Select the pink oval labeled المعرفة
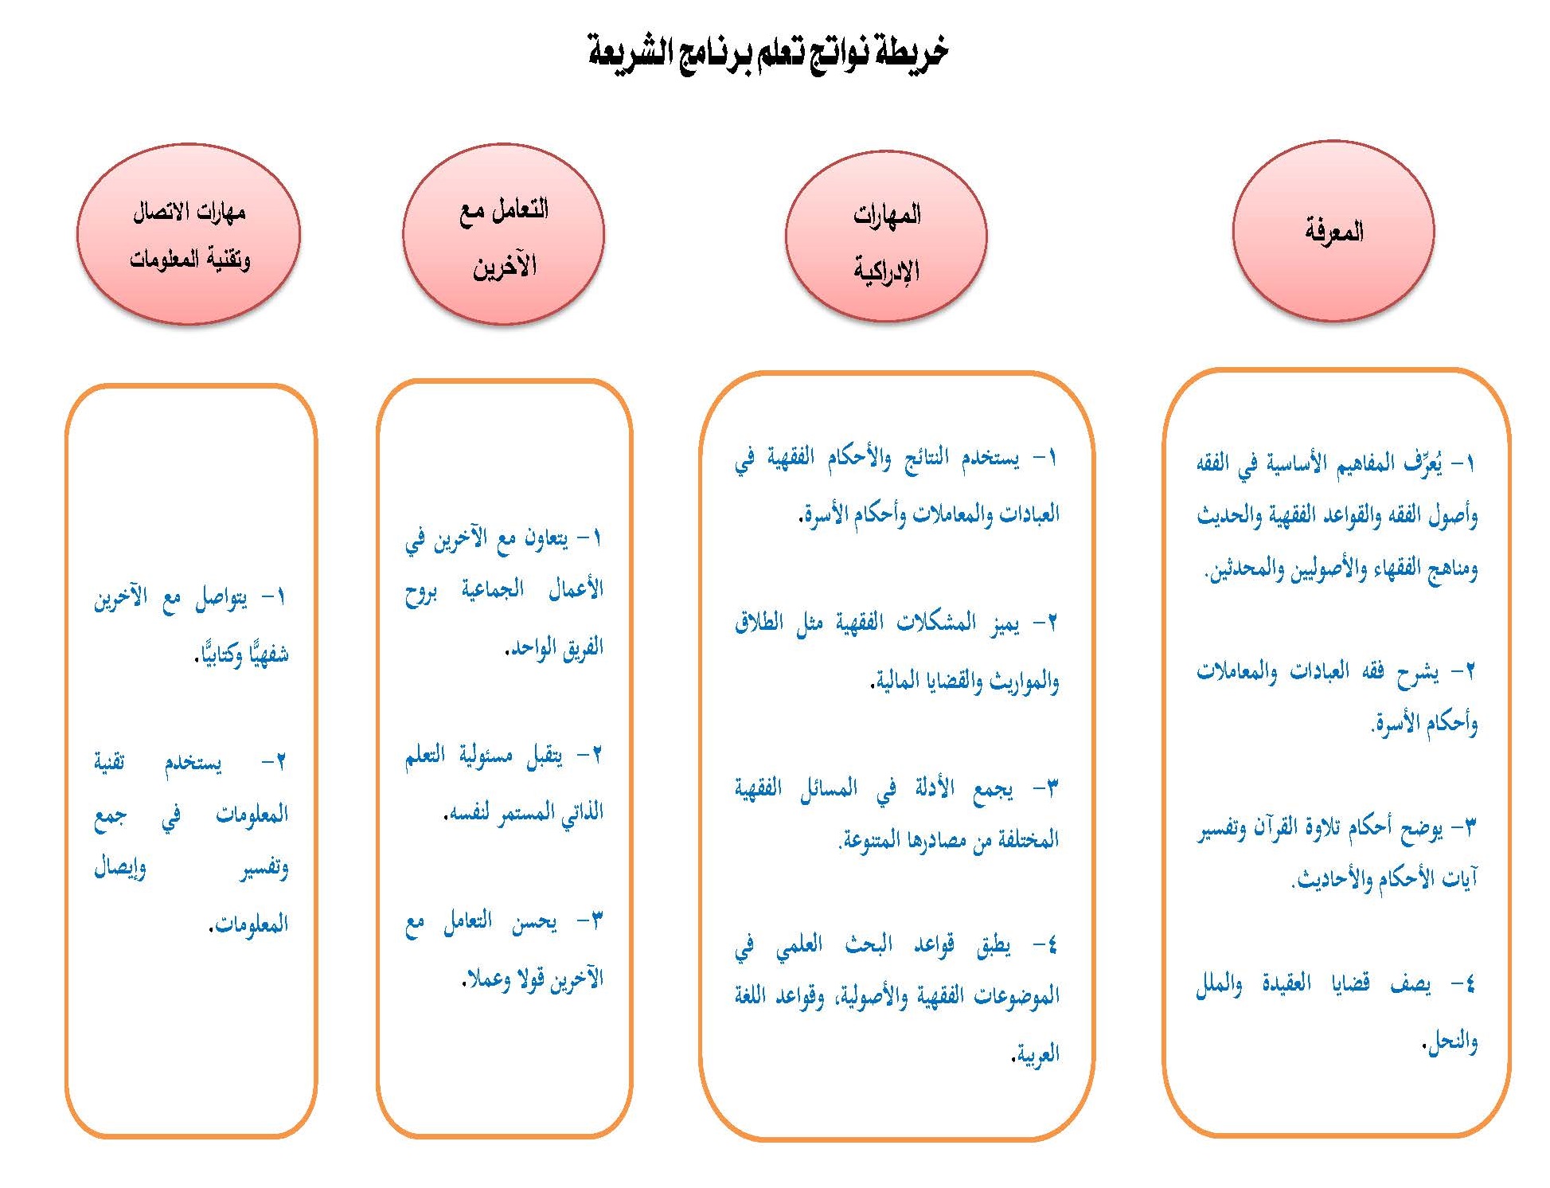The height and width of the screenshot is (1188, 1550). (1333, 232)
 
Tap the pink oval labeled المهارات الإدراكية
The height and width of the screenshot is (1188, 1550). (886, 238)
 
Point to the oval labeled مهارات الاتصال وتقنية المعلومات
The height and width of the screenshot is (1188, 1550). (189, 234)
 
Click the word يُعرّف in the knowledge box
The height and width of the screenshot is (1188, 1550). (1423, 463)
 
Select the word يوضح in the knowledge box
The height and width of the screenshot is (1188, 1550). (1422, 828)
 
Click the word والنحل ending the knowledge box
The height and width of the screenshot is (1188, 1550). (1453, 1041)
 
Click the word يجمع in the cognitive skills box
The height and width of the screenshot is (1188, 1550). (994, 789)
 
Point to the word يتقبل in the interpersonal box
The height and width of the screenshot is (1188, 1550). (545, 756)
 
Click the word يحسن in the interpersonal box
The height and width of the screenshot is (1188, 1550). (534, 922)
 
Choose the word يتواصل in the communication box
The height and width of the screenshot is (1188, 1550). (221, 598)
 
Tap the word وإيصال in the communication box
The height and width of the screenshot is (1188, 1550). (120, 868)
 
